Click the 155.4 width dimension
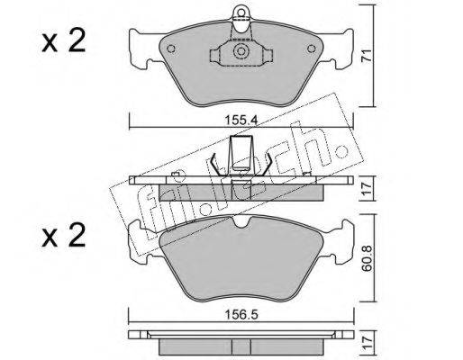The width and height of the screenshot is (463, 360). click(241, 121)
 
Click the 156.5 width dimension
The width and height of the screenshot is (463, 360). click(241, 315)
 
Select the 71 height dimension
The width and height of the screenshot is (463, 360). click(367, 55)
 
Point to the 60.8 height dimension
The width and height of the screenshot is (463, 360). click(368, 258)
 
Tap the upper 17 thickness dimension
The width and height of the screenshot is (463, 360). click(367, 188)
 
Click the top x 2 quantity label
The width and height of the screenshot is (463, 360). click(64, 42)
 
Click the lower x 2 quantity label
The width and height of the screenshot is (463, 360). click(64, 236)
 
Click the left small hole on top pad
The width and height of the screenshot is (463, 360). click(171, 49)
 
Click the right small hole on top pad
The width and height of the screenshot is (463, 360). click(312, 49)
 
